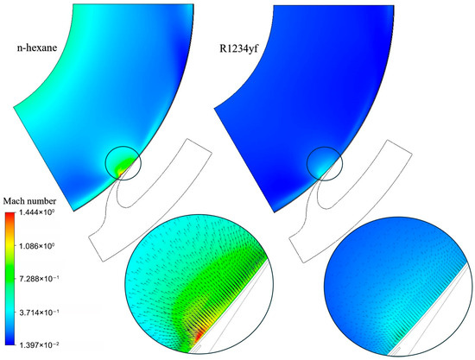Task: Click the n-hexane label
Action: click(x=37, y=47)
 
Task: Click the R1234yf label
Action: click(x=238, y=48)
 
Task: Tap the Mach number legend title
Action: click(x=29, y=201)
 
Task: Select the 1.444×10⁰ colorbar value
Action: click(x=36, y=213)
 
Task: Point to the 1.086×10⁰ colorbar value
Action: click(x=36, y=246)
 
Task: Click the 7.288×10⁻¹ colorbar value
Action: click(x=39, y=279)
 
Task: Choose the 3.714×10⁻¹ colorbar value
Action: click(x=39, y=313)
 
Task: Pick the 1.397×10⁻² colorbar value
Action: click(x=39, y=344)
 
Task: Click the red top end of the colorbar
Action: click(x=9, y=215)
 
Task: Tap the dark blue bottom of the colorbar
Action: click(x=9, y=342)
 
